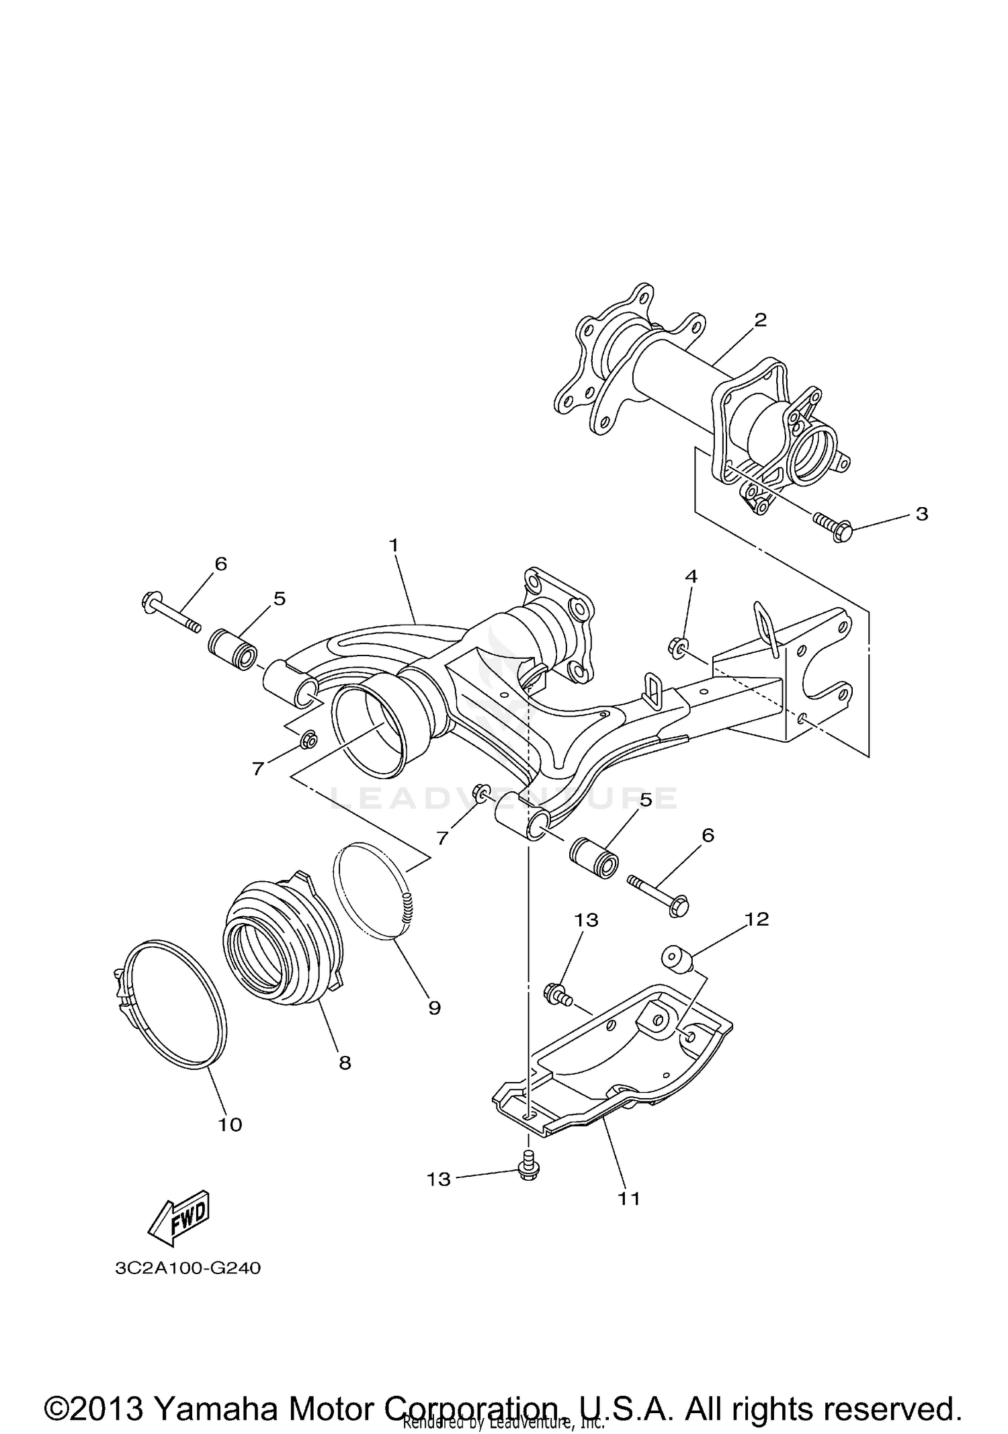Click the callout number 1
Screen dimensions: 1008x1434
tap(394, 545)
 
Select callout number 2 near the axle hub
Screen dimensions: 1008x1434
tap(760, 320)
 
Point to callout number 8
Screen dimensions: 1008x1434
tap(344, 1063)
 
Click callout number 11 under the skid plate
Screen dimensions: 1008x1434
tap(630, 1198)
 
